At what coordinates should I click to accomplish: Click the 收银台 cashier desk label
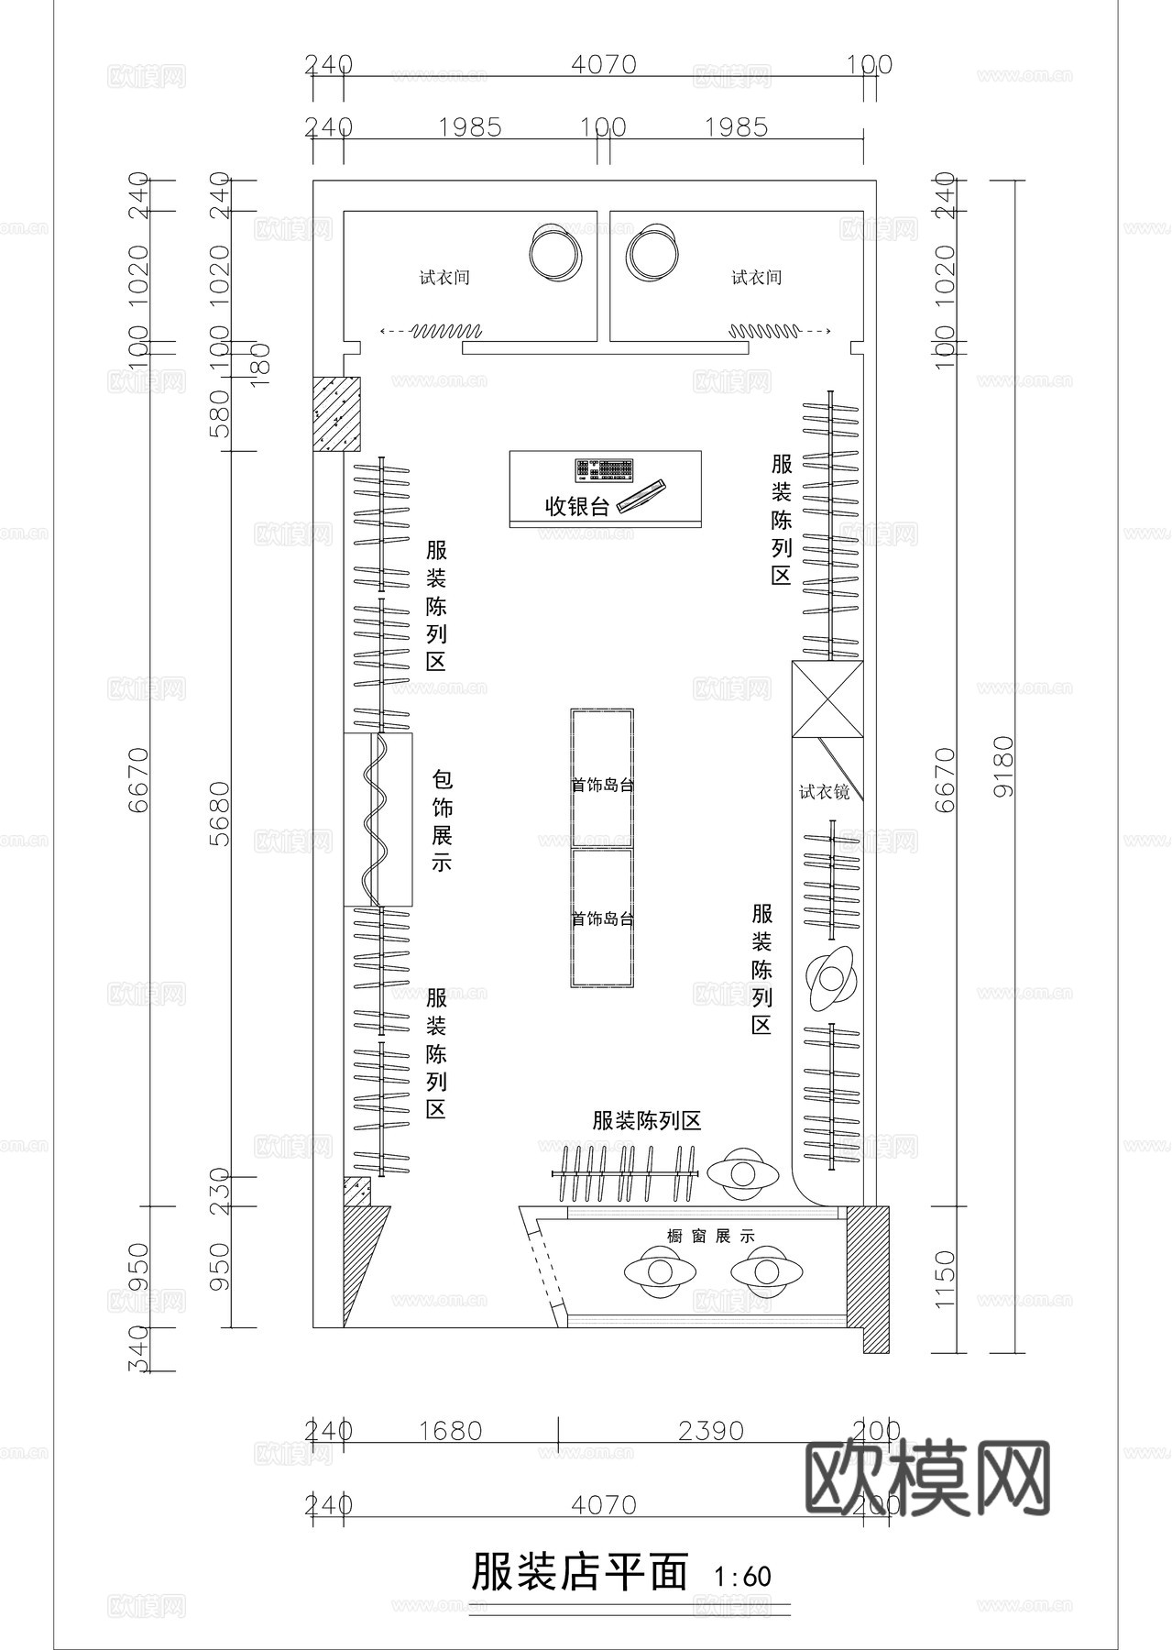click(576, 506)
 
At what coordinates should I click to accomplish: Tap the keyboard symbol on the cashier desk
click(605, 470)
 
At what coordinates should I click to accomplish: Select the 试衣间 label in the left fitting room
click(445, 277)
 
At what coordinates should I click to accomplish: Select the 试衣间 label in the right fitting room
click(757, 277)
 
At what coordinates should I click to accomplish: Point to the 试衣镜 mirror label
click(824, 791)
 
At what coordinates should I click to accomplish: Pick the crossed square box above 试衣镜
click(827, 699)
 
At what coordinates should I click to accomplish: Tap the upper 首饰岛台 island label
click(603, 786)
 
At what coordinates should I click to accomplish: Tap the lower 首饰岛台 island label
click(603, 918)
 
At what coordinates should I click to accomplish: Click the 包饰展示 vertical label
click(443, 821)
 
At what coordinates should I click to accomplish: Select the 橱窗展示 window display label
click(711, 1236)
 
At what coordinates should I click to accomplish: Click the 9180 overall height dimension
click(1003, 765)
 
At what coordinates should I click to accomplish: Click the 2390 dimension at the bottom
click(712, 1431)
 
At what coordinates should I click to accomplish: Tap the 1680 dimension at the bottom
click(450, 1431)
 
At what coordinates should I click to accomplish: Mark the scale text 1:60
click(743, 1577)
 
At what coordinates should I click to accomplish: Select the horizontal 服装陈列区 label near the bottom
click(647, 1120)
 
